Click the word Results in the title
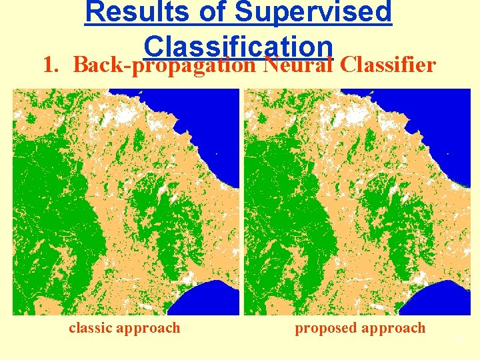(x=134, y=13)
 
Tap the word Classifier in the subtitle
(x=387, y=65)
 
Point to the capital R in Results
(x=95, y=13)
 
